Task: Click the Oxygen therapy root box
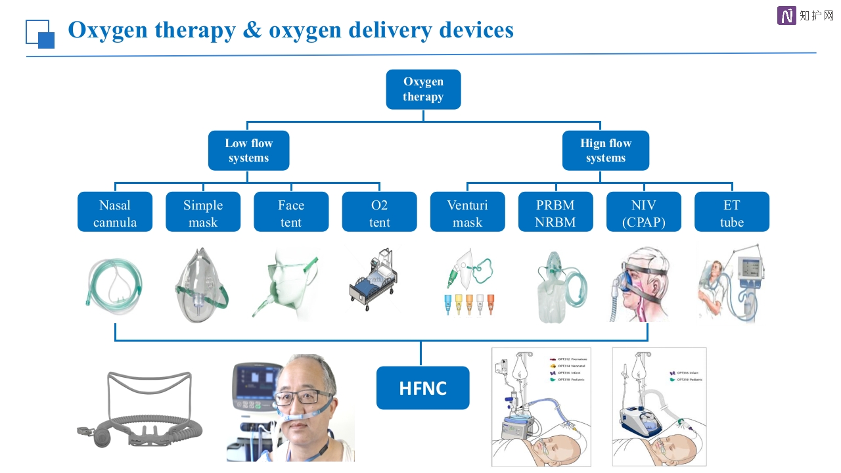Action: tap(423, 89)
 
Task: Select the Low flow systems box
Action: tap(248, 150)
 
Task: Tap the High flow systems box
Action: tap(605, 150)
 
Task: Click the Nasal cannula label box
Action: tap(115, 212)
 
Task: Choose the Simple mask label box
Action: tap(203, 212)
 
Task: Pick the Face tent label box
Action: tap(291, 212)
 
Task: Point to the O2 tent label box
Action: tap(379, 212)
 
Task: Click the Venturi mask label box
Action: tap(467, 212)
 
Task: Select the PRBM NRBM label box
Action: tap(555, 212)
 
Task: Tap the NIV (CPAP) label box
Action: tap(643, 212)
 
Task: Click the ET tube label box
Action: tap(731, 212)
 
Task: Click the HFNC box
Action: tap(422, 388)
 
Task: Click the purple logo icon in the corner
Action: tap(786, 16)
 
